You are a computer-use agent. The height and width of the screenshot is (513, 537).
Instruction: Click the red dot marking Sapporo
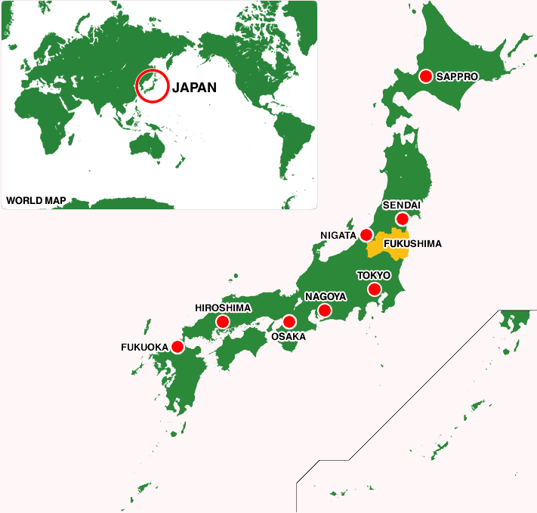pos(425,76)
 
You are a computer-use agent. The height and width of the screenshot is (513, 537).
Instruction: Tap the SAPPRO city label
pos(457,76)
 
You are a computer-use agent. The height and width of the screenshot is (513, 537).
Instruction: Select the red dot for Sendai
pos(403,219)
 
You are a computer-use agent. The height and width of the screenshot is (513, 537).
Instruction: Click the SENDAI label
pos(401,206)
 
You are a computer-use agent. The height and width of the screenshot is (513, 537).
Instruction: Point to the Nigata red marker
pos(366,235)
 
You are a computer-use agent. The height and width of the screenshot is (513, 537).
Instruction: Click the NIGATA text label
pos(338,236)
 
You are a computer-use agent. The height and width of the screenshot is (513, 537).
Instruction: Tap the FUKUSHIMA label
pos(412,244)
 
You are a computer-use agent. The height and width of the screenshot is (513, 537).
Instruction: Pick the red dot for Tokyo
pos(374,289)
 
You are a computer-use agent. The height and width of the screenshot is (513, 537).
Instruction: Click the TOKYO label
pos(373,276)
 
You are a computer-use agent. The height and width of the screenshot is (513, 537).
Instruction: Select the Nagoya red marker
pos(325,311)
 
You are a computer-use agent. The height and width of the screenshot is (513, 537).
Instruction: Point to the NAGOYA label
pos(326,297)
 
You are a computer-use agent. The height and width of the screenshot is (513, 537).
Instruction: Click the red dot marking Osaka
pos(289,322)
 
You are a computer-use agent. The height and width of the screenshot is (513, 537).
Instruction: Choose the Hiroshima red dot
pos(223,322)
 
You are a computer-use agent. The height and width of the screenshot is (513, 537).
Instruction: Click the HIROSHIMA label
pos(223,308)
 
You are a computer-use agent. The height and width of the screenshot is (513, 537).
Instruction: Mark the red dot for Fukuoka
pos(177,347)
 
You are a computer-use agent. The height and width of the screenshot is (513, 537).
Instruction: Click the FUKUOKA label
pos(144,348)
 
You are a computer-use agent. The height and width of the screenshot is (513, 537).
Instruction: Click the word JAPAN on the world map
pos(194,88)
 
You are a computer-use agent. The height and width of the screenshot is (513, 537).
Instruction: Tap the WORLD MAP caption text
pos(36,201)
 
